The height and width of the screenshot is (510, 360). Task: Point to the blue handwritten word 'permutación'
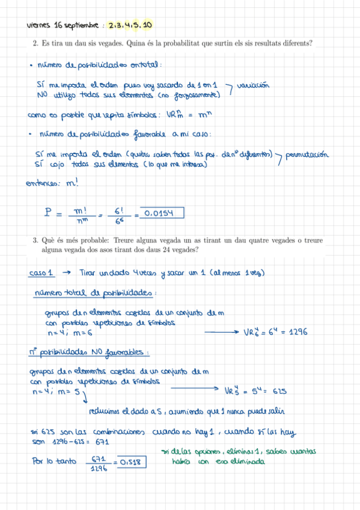point(308,155)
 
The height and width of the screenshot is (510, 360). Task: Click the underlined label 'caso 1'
point(41,273)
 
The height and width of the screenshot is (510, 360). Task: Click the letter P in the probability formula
point(48,213)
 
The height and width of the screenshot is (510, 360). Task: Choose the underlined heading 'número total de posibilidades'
point(93,293)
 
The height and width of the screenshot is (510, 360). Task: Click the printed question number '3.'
point(35,241)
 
